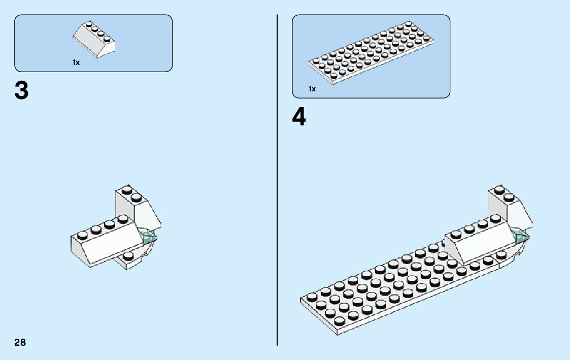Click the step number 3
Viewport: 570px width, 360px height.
pyautogui.click(x=22, y=91)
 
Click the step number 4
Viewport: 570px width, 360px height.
pyautogui.click(x=299, y=118)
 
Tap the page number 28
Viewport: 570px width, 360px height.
pyautogui.click(x=20, y=342)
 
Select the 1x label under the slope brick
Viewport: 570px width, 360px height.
pyautogui.click(x=76, y=62)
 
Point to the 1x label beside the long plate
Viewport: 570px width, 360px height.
pyautogui.click(x=312, y=89)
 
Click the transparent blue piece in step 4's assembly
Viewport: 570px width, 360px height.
pyautogui.click(x=521, y=236)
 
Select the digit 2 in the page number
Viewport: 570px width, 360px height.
pyautogui.click(x=17, y=342)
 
